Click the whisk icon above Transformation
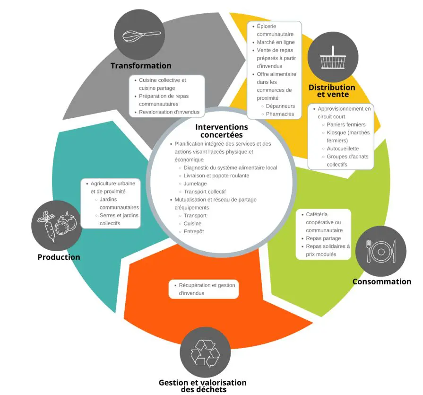[141, 35]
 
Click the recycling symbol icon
[205, 352]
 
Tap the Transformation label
[141, 66]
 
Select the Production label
[59, 257]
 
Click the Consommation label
[381, 281]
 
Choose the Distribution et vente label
[332, 91]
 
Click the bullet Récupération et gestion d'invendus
[207, 289]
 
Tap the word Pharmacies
[280, 114]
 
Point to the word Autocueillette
[343, 149]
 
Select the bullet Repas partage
[323, 238]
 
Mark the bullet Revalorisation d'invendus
[169, 112]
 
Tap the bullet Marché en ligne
[276, 42]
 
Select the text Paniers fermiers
[346, 125]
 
